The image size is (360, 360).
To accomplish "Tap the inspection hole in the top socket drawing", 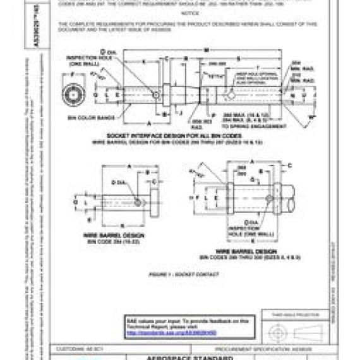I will (x=156, y=95).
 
